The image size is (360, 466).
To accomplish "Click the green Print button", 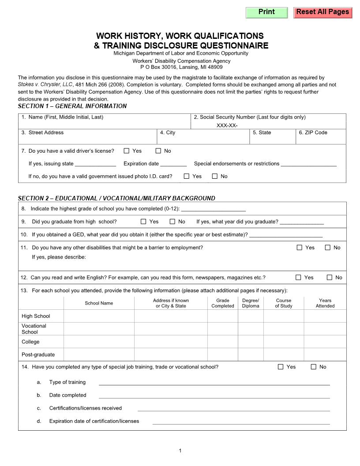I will point(266,12).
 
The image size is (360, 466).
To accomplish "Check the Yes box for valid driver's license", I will point(127,151).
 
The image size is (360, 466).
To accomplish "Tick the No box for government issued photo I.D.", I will point(215,177).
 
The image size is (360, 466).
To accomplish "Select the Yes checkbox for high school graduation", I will point(143,222).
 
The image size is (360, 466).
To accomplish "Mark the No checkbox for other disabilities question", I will point(327,248).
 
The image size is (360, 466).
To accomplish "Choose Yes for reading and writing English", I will point(298,278).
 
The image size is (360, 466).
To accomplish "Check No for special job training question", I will point(314,367).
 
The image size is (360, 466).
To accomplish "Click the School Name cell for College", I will point(99,342).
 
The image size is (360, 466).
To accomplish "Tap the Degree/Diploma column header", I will point(251,303).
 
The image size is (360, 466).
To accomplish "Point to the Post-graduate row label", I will point(38,354).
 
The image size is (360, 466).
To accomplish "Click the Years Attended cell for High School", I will point(325,316).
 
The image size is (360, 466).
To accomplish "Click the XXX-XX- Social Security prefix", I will point(227,125).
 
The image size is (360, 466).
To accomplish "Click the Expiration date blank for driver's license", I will point(173,164).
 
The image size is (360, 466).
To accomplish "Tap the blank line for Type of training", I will point(214,383).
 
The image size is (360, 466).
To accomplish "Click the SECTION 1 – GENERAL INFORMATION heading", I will point(72,106).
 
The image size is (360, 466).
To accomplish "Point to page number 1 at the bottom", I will point(180,451).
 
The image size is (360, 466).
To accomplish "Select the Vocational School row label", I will point(34,329).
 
